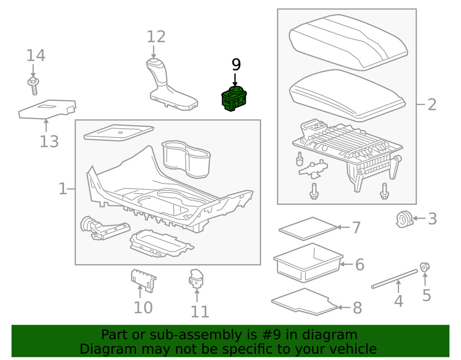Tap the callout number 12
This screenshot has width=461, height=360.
[156, 36]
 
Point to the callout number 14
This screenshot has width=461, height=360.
[35, 56]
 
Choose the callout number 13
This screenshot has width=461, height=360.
[49, 141]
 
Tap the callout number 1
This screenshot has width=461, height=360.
[63, 189]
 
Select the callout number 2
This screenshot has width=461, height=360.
[431, 105]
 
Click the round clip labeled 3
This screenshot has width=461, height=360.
[403, 219]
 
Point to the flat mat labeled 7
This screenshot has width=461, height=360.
[308, 228]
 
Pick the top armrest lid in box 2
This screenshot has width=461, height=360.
[348, 41]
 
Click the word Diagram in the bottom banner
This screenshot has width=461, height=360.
[107, 348]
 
